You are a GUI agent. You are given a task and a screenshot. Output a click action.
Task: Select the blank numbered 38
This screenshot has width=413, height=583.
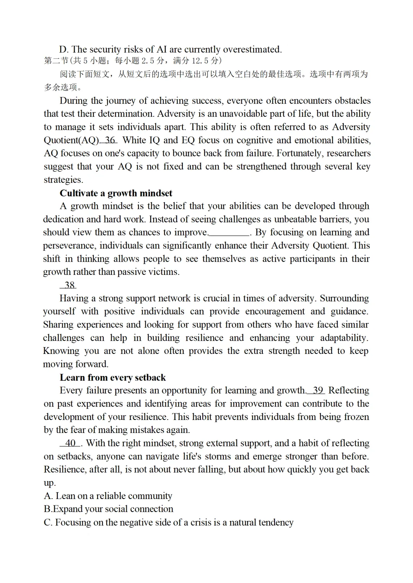(69, 285)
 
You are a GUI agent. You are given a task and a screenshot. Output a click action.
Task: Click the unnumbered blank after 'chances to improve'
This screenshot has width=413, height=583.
(229, 233)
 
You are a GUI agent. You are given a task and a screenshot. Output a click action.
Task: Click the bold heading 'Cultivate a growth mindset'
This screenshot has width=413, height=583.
(116, 193)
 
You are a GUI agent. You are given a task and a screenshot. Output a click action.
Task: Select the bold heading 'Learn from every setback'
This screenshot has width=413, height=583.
(113, 378)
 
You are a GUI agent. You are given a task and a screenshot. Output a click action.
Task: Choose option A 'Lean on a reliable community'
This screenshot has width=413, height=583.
(108, 496)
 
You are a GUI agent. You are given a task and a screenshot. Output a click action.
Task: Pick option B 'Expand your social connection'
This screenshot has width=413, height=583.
(109, 509)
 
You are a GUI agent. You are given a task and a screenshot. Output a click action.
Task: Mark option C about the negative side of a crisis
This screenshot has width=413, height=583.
(169, 522)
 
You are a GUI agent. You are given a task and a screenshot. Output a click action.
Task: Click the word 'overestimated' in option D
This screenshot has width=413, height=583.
(252, 50)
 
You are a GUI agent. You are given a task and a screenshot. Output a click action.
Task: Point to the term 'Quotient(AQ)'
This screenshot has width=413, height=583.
(71, 140)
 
